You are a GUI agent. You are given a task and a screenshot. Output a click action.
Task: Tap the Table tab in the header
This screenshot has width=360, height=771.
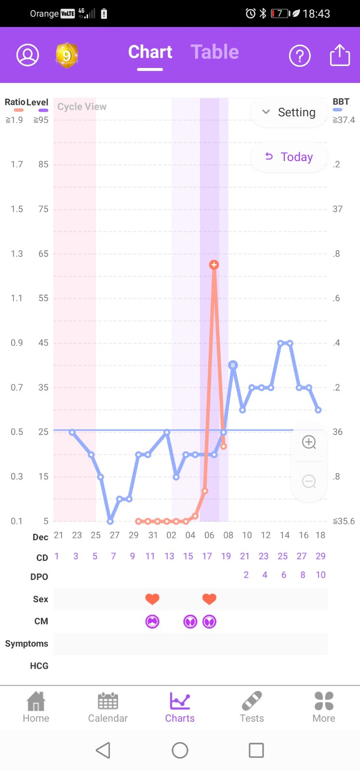coord(214,52)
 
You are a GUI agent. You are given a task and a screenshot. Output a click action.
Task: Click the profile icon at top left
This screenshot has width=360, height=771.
coord(28,55)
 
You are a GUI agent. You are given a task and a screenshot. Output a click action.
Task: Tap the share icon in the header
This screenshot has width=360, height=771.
coord(340,55)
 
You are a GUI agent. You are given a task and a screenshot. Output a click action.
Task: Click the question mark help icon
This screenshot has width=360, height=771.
coord(299,56)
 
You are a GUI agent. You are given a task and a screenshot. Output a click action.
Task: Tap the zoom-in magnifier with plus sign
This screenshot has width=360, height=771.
coord(309,442)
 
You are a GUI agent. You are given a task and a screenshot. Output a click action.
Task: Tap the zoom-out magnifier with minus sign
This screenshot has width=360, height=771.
coord(309,481)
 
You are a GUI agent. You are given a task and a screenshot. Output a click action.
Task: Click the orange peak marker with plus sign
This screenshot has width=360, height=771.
coord(214,265)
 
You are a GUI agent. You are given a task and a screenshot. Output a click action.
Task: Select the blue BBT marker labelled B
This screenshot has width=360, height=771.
coord(233,365)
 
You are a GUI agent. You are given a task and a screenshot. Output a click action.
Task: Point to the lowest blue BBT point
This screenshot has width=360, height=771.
coord(110,521)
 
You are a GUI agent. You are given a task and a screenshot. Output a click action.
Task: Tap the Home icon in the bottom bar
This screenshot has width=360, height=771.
coord(36,707)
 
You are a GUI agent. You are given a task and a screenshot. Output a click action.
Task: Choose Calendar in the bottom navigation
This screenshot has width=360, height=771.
coord(108,707)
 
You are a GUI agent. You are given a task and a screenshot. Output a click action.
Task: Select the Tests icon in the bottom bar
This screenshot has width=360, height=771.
coord(252,707)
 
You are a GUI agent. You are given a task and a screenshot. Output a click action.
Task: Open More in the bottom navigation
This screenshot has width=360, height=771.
coord(323,707)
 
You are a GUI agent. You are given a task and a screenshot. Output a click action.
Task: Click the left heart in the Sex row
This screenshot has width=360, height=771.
coord(152,599)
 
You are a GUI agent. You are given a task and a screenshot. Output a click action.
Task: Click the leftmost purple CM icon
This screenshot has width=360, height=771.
coord(152,622)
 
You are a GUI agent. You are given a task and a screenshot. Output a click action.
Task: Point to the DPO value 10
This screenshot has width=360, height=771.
coord(320,575)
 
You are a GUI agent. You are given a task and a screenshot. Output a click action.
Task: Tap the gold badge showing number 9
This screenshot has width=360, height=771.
coord(67,55)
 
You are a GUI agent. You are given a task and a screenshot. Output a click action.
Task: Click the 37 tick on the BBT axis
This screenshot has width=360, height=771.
coord(337,209)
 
